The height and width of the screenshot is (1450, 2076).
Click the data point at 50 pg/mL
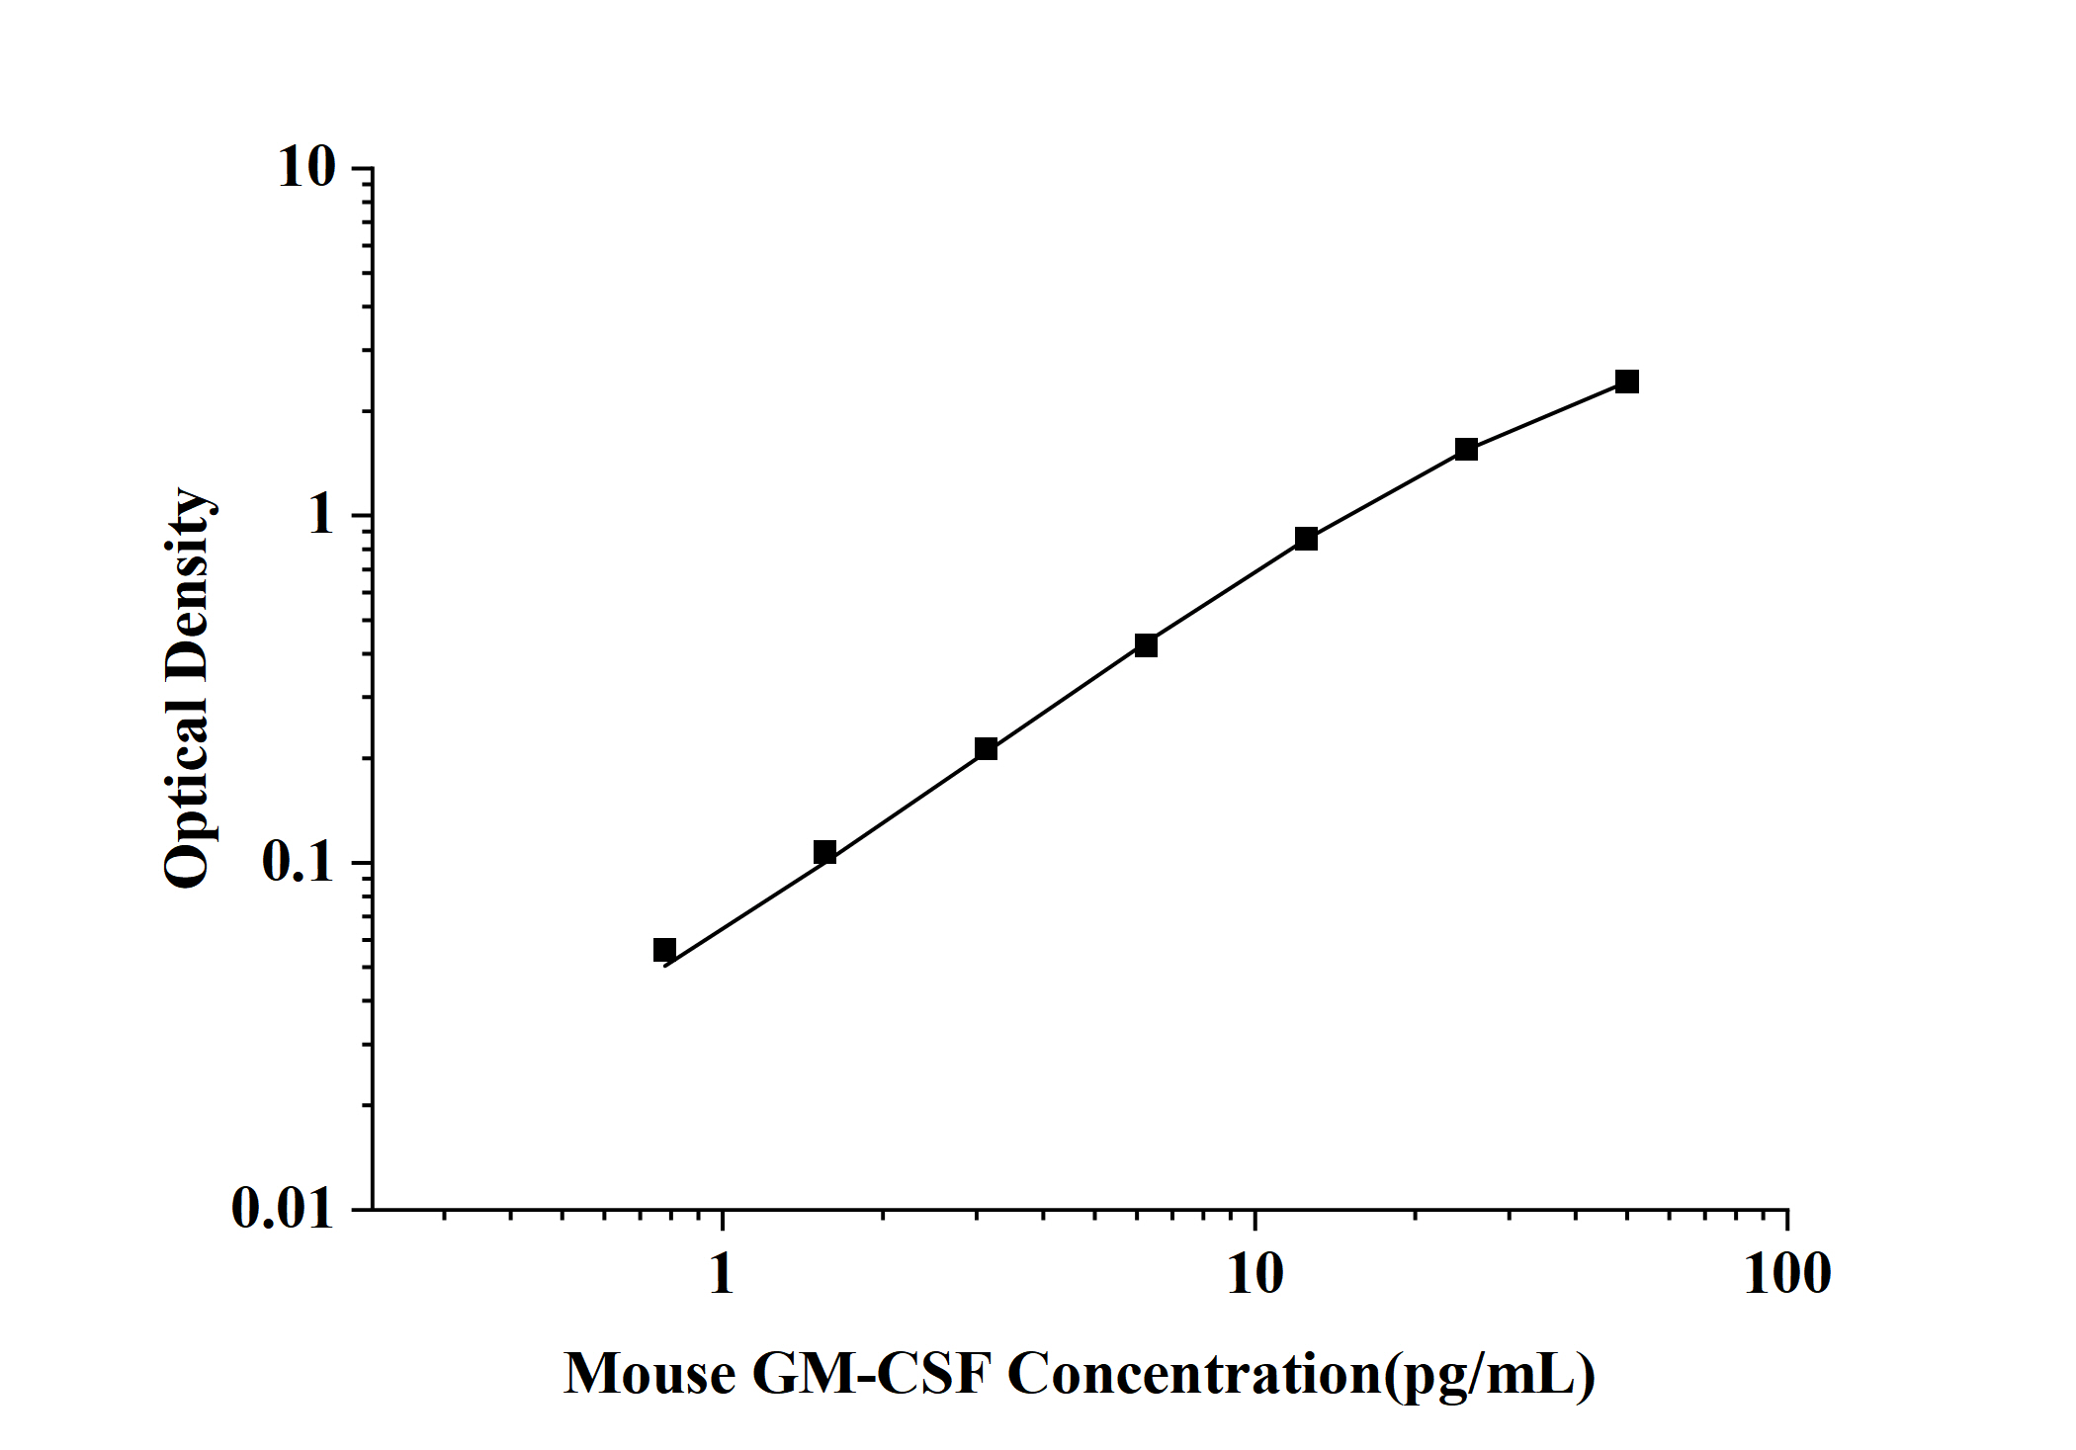tap(1626, 382)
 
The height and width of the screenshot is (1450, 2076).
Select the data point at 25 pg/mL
tap(1466, 450)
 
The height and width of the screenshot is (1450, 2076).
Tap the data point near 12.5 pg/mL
tap(1306, 539)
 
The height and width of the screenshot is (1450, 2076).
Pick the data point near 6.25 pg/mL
tap(1146, 645)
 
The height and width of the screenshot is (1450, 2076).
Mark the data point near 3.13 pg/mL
tap(986, 749)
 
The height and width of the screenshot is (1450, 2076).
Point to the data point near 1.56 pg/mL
tap(824, 852)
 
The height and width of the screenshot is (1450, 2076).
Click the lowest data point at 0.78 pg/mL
tap(664, 950)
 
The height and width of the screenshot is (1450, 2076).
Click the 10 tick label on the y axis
tap(307, 168)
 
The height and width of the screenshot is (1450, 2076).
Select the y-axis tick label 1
tap(322, 516)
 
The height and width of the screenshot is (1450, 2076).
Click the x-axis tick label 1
tap(722, 1275)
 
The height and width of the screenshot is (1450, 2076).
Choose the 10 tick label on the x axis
tap(1254, 1275)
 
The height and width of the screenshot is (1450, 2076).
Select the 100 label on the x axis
tap(1786, 1275)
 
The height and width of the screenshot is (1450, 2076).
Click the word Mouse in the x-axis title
tap(649, 1375)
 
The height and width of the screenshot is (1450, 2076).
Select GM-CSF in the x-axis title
tap(871, 1375)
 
